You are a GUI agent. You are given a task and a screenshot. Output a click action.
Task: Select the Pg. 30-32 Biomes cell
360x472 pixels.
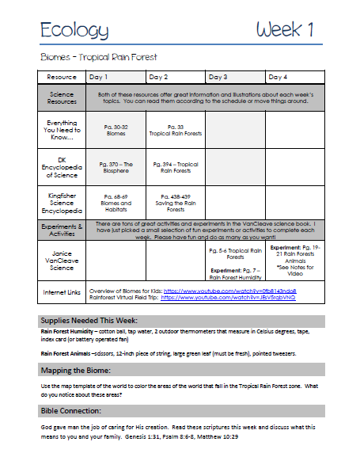point(116,129)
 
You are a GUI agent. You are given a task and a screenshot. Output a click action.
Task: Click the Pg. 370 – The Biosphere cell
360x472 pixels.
point(116,167)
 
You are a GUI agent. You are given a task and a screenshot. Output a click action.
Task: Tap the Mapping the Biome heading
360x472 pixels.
point(78,370)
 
